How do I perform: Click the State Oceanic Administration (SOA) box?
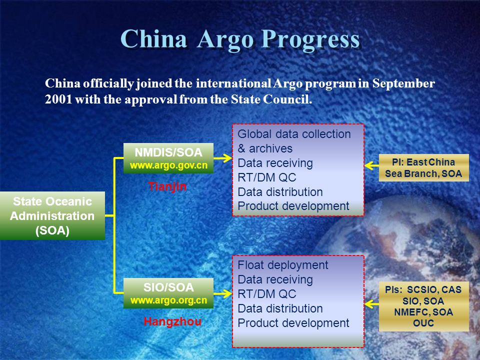[52, 216]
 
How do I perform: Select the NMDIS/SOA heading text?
[168, 152]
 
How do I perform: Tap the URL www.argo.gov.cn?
[168, 165]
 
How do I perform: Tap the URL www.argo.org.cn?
[168, 300]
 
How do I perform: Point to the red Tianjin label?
[167, 186]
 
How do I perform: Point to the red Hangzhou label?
[172, 321]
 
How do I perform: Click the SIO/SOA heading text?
[168, 287]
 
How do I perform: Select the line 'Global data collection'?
[294, 134]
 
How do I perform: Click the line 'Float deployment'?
[283, 265]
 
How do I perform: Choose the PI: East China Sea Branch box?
[423, 168]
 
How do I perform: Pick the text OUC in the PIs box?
[423, 323]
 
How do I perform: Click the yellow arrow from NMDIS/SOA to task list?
[222, 158]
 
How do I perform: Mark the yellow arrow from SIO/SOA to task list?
[222, 293]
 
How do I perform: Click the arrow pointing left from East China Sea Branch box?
[371, 165]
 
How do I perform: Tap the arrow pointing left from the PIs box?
[371, 304]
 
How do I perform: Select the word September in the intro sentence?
[403, 84]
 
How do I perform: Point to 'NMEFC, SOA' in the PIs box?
[423, 312]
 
